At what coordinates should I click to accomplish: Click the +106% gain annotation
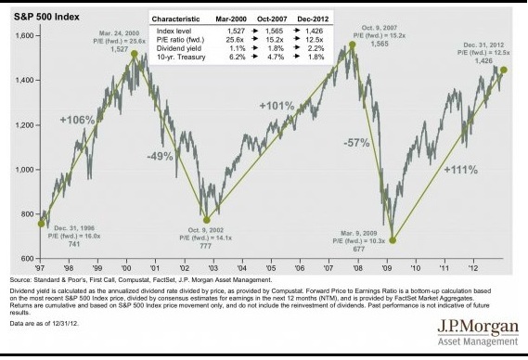pyautogui.click(x=77, y=120)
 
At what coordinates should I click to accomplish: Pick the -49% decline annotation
pyautogui.click(x=160, y=156)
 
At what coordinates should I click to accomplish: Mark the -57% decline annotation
pyautogui.click(x=356, y=143)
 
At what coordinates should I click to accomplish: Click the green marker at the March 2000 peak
pyautogui.click(x=135, y=55)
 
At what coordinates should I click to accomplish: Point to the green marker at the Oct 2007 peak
pyautogui.click(x=354, y=45)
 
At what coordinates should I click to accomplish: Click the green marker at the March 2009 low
pyautogui.click(x=393, y=240)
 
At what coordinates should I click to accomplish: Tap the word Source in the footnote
pyautogui.click(x=21, y=279)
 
